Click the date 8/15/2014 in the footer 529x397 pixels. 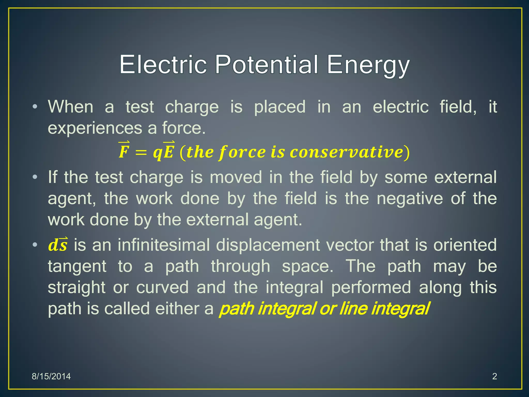point(51,376)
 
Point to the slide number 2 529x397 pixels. point(494,376)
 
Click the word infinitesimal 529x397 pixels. point(164,245)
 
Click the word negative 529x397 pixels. point(410,198)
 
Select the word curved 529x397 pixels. point(162,287)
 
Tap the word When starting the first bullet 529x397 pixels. point(71,106)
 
